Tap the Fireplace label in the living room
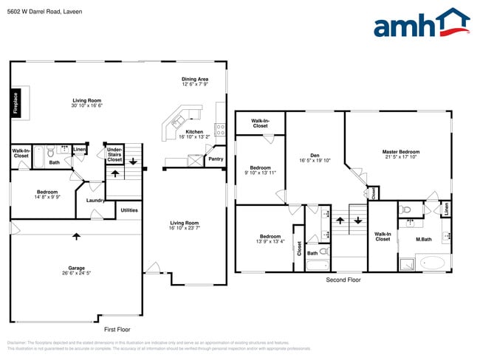[x=16, y=103]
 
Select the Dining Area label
[x=196, y=82]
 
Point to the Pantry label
[x=216, y=159]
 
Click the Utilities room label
[x=128, y=210]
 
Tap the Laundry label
[x=95, y=200]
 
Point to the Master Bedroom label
[x=400, y=154]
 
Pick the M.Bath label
[x=423, y=239]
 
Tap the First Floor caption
[x=118, y=329]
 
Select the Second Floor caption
[x=343, y=280]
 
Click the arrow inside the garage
[x=76, y=236]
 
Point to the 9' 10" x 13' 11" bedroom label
[x=260, y=170]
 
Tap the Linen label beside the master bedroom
[x=446, y=209]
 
